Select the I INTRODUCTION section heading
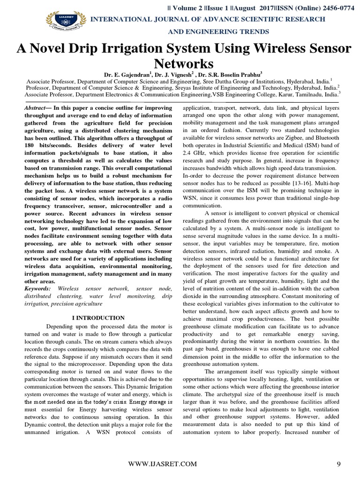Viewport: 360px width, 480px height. pyautogui.click(x=98, y=318)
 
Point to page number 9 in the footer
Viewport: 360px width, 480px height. pyautogui.click(x=338, y=464)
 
